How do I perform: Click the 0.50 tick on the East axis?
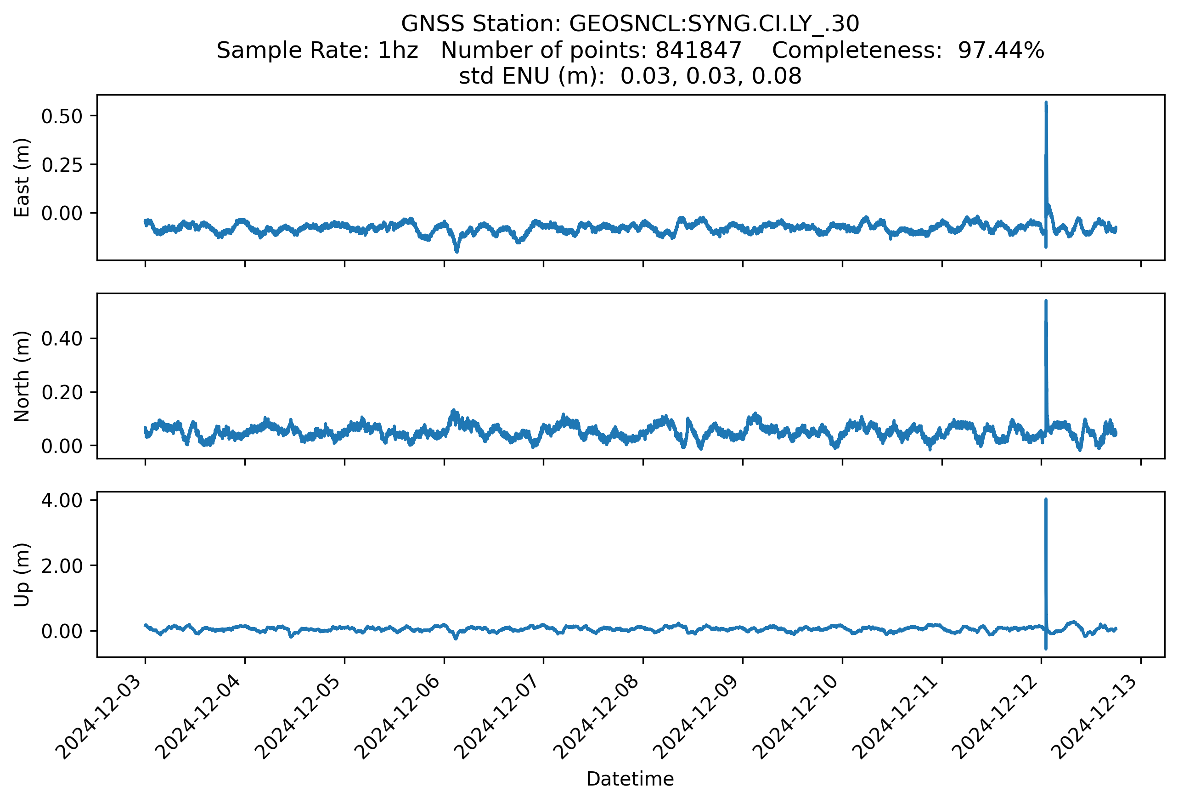62,117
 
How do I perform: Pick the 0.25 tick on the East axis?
62,165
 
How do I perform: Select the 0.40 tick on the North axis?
62,339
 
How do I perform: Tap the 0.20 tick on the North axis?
62,392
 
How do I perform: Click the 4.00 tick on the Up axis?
62,500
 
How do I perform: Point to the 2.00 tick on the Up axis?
62,566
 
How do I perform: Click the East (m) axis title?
22,177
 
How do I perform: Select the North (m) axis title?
22,376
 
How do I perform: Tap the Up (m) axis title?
22,574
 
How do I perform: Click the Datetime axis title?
630,779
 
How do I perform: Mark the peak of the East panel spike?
1046,102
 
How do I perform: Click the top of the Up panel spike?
1046,499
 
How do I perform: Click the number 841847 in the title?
699,50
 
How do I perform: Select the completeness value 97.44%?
1001,50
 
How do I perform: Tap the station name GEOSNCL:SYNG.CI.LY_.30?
714,24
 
